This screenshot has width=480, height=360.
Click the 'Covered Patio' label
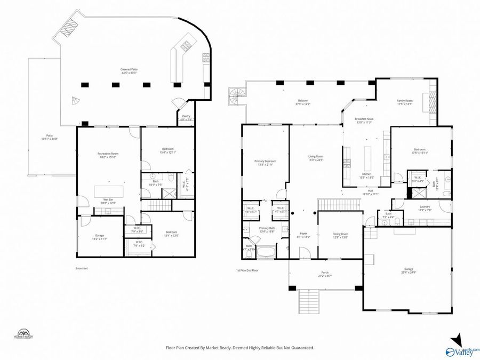[129, 69]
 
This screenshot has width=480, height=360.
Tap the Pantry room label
[186, 116]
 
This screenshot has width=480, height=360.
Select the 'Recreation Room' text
[107, 154]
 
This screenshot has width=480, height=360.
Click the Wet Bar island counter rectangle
[109, 191]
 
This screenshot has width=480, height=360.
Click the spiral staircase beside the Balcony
[236, 97]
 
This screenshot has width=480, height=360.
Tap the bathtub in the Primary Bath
[266, 252]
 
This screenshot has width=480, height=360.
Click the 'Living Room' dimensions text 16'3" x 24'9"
[316, 160]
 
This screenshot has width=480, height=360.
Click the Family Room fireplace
[433, 101]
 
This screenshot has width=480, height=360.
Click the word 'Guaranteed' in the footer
[302, 348]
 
